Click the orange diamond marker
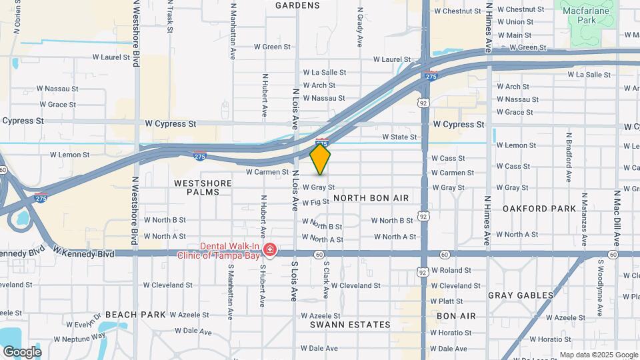[321, 159]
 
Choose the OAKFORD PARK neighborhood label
[539, 209]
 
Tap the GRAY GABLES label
[521, 295]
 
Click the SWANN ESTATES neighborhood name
[350, 325]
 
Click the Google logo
[21, 351]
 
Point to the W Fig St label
[316, 202]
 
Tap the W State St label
[399, 137]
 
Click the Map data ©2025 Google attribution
[598, 355]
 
